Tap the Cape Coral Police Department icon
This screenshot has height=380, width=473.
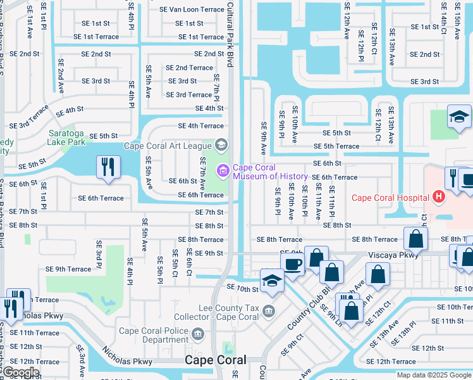pyautogui.click(x=198, y=334)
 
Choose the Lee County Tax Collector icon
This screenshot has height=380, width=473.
pyautogui.click(x=269, y=310)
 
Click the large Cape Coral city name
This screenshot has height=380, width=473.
pyautogui.click(x=214, y=360)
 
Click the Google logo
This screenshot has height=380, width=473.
pyautogui.click(x=21, y=372)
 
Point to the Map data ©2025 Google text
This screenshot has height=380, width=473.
pyautogui.click(x=433, y=375)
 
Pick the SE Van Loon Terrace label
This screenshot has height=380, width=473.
pyautogui.click(x=192, y=9)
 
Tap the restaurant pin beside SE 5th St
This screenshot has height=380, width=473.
pyautogui.click(x=108, y=168)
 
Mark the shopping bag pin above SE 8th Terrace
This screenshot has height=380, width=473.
pyautogui.click(x=415, y=239)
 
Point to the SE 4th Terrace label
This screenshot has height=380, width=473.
pyautogui.click(x=200, y=126)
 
